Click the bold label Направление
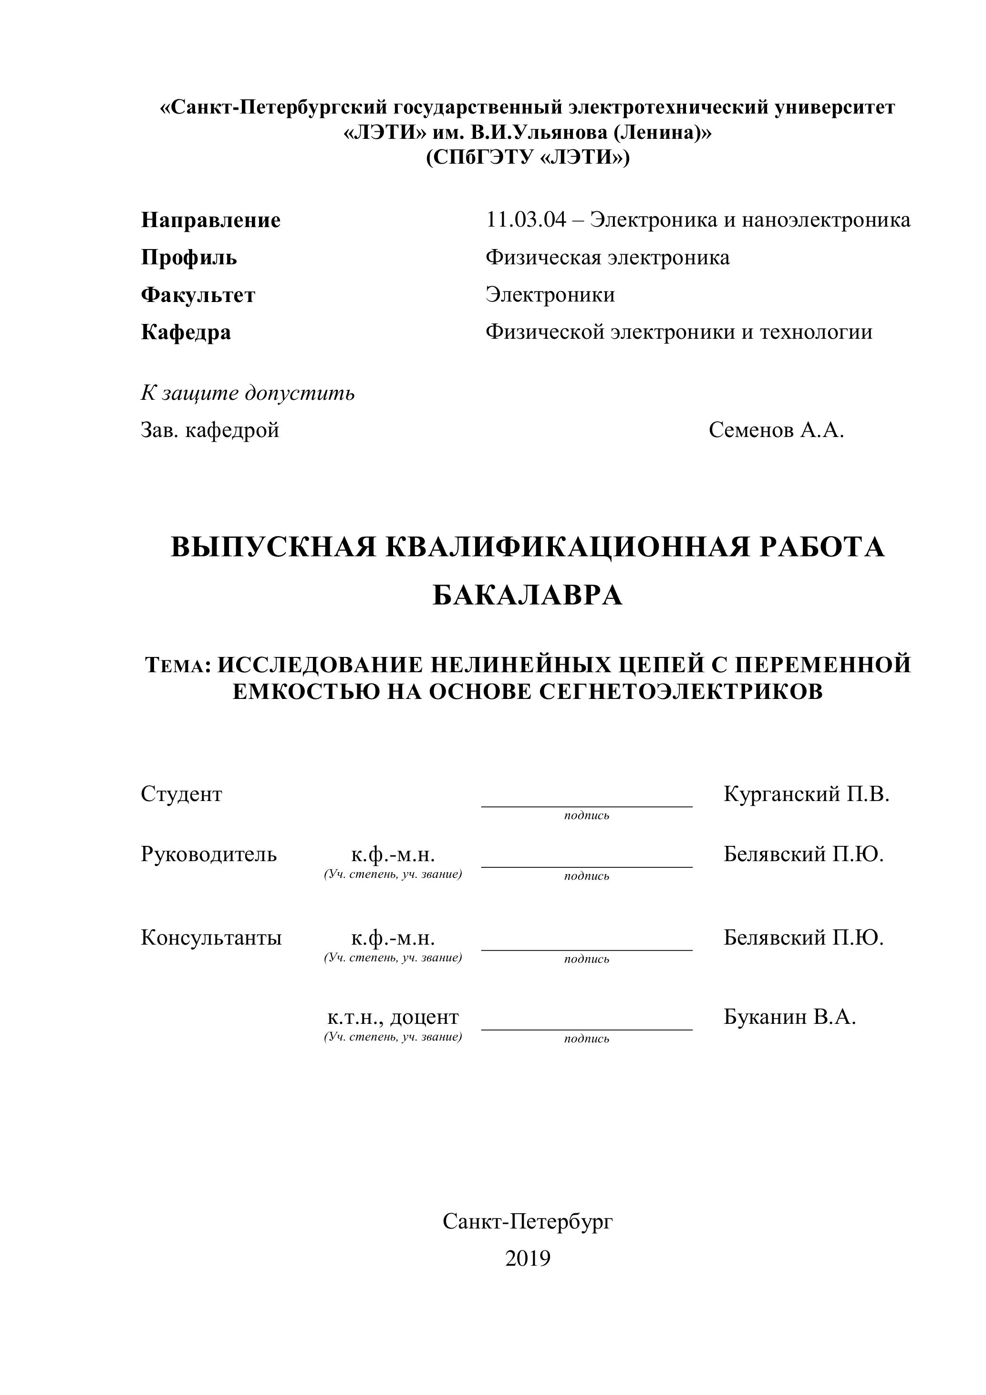[x=211, y=220]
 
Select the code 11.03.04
[x=526, y=219]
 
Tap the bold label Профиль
[x=189, y=258]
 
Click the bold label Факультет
[x=198, y=295]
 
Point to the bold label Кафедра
[x=186, y=333]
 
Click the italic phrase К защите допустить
[x=248, y=393]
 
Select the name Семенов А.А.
[x=776, y=430]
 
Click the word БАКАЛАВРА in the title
[x=527, y=595]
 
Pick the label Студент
[x=182, y=794]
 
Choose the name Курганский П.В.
[x=806, y=794]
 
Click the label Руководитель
[x=208, y=854]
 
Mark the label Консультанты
[x=211, y=938]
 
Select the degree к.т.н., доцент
[x=393, y=1017]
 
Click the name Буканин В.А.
[x=789, y=1017]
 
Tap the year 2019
[x=527, y=1258]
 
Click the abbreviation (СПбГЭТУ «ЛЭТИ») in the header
[x=527, y=158]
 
